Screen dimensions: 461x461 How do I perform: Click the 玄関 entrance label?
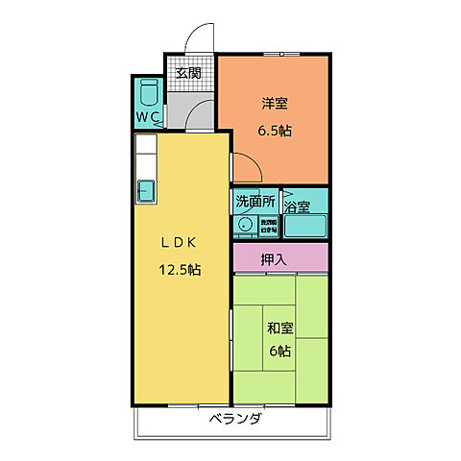pos(188,73)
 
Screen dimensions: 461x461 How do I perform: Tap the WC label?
pos(148,117)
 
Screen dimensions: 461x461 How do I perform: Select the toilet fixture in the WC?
pos(149,95)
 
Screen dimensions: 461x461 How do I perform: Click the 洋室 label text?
pos(274,103)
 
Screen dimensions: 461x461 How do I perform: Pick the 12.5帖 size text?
pos(179,270)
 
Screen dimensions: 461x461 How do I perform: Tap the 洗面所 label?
pos(255,202)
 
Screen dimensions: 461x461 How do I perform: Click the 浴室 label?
pos(297,206)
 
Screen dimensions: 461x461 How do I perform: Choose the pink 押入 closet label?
pos(279,257)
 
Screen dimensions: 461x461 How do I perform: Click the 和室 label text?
pos(279,328)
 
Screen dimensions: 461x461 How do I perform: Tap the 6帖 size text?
pos(279,352)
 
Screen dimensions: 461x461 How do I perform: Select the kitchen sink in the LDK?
pos(147,188)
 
